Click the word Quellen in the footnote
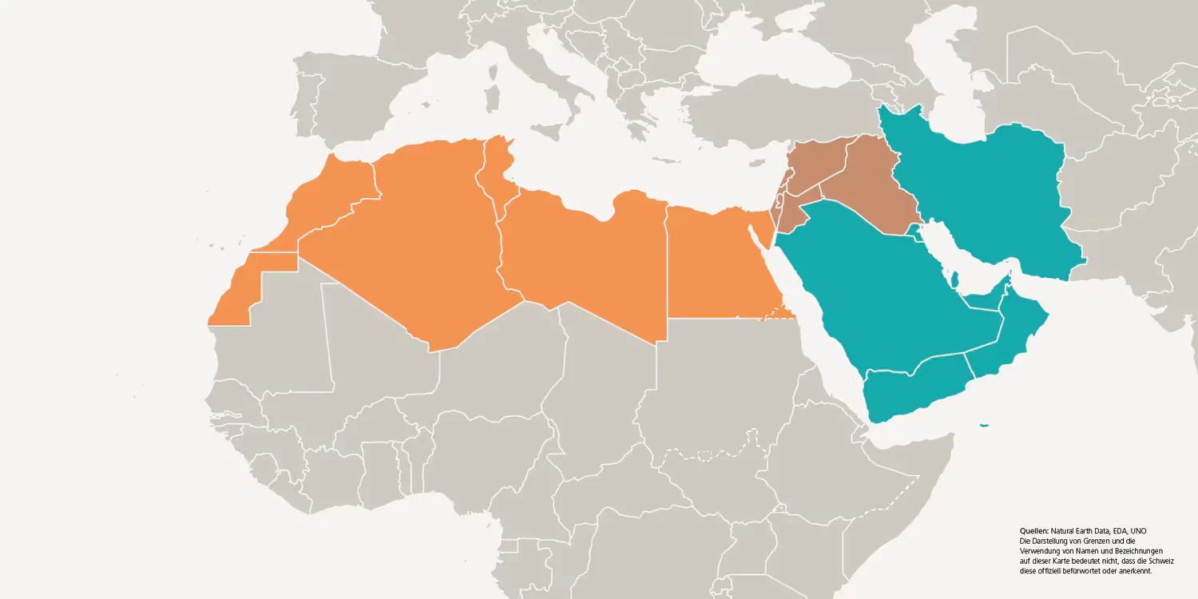coord(1033,531)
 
